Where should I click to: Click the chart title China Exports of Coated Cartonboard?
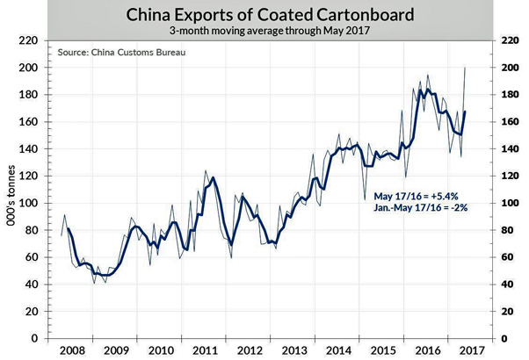point(264,15)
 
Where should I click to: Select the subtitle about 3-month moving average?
point(264,31)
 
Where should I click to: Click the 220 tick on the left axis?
point(30,41)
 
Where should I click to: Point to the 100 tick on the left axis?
point(30,203)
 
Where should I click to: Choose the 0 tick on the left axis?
point(34,338)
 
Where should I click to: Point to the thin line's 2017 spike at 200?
point(465,68)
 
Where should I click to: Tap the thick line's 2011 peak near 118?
point(213,178)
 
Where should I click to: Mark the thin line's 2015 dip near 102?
point(365,199)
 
